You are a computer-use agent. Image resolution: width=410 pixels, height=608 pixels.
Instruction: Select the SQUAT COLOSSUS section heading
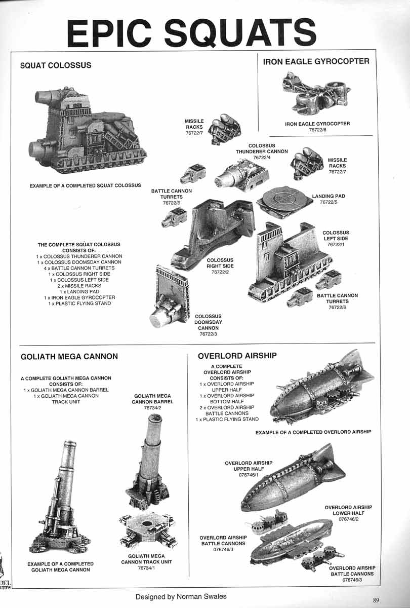(56, 65)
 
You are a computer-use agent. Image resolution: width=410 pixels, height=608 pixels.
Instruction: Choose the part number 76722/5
(329, 202)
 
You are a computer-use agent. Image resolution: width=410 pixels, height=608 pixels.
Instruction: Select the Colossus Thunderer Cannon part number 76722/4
(261, 158)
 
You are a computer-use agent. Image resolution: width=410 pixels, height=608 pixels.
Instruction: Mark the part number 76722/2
(220, 272)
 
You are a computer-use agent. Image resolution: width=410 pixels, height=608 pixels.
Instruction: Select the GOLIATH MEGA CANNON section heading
(69, 356)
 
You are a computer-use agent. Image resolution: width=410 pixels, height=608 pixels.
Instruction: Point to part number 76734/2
(152, 407)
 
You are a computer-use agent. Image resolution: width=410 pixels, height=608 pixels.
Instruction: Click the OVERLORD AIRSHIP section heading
(237, 356)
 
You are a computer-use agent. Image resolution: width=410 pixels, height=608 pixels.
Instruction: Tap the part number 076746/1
(249, 475)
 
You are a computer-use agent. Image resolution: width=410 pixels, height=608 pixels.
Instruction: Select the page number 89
(376, 600)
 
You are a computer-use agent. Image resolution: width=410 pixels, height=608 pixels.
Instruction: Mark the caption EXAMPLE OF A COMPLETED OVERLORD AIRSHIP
(313, 432)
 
